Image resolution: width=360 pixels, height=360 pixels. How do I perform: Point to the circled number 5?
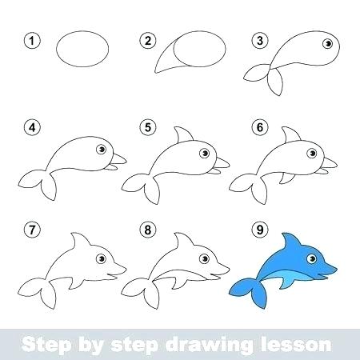(x=146, y=127)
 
